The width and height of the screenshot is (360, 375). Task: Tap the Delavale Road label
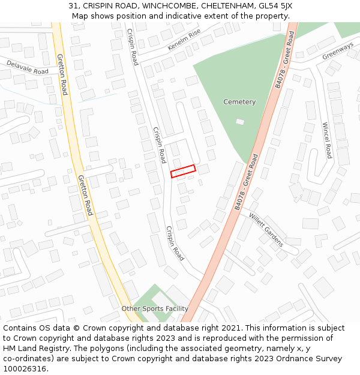[x=28, y=67]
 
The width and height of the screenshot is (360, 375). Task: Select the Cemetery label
[x=239, y=102]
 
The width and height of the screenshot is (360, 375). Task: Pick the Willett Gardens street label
[x=266, y=232]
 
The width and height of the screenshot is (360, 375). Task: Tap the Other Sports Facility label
[x=155, y=308]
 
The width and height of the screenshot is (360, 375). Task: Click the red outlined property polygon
[x=183, y=171]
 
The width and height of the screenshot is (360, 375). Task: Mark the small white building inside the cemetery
[x=240, y=122]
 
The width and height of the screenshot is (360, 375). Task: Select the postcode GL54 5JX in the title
[x=275, y=5]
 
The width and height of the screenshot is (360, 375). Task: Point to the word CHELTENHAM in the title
[x=227, y=5]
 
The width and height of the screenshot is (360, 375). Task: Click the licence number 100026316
[x=25, y=369]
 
